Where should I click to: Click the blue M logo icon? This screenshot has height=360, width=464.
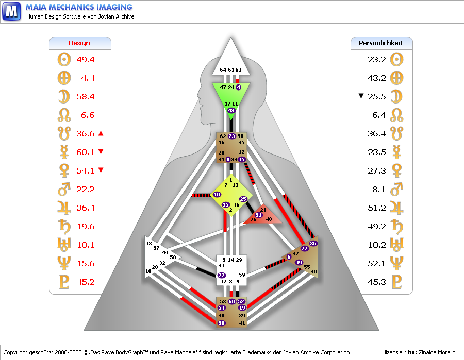point(11,11)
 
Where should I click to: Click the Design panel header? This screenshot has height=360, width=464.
point(79,43)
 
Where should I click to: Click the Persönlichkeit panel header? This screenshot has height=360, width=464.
point(381,43)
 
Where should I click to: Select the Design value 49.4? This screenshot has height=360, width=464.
point(86,59)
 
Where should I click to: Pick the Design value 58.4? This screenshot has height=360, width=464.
point(86,96)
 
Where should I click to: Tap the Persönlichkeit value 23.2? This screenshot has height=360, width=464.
point(377,59)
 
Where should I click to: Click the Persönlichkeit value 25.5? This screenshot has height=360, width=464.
point(377,96)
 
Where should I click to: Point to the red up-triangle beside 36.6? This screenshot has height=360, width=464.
point(101,134)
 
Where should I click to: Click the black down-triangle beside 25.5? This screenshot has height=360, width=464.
point(361,96)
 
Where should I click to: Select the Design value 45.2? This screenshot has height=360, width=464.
point(86,282)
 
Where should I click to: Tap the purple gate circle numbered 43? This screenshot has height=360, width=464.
point(231,110)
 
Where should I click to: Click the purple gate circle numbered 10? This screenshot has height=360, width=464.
point(217,195)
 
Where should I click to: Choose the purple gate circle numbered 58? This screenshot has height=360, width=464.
point(222,323)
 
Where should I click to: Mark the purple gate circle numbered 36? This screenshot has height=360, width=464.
point(313,243)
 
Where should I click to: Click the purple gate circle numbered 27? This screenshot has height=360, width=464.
point(222,276)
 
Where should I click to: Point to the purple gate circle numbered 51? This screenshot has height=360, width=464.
point(259,215)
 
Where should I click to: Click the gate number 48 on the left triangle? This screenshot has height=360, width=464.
point(149,243)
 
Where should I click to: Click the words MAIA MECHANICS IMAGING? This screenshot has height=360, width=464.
point(79,7)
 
